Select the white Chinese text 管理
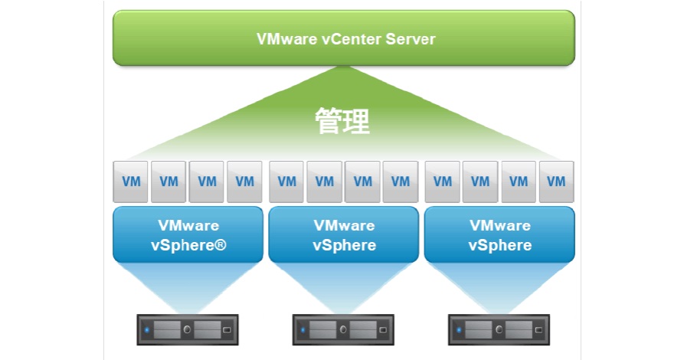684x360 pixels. click(342, 121)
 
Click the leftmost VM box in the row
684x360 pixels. click(131, 182)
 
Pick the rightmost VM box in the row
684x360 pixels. click(556, 182)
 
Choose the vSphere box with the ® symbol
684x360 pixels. click(188, 235)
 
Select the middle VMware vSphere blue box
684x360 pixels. click(344, 235)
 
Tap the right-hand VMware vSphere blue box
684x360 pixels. click(499, 235)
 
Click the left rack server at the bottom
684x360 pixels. click(188, 330)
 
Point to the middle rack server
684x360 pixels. click(343, 330)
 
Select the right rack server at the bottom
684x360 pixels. click(499, 330)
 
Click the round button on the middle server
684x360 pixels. click(343, 330)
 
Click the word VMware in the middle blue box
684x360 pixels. click(344, 226)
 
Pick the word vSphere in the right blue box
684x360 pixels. click(499, 245)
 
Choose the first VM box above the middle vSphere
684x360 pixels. click(286, 182)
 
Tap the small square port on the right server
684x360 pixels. click(537, 331)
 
